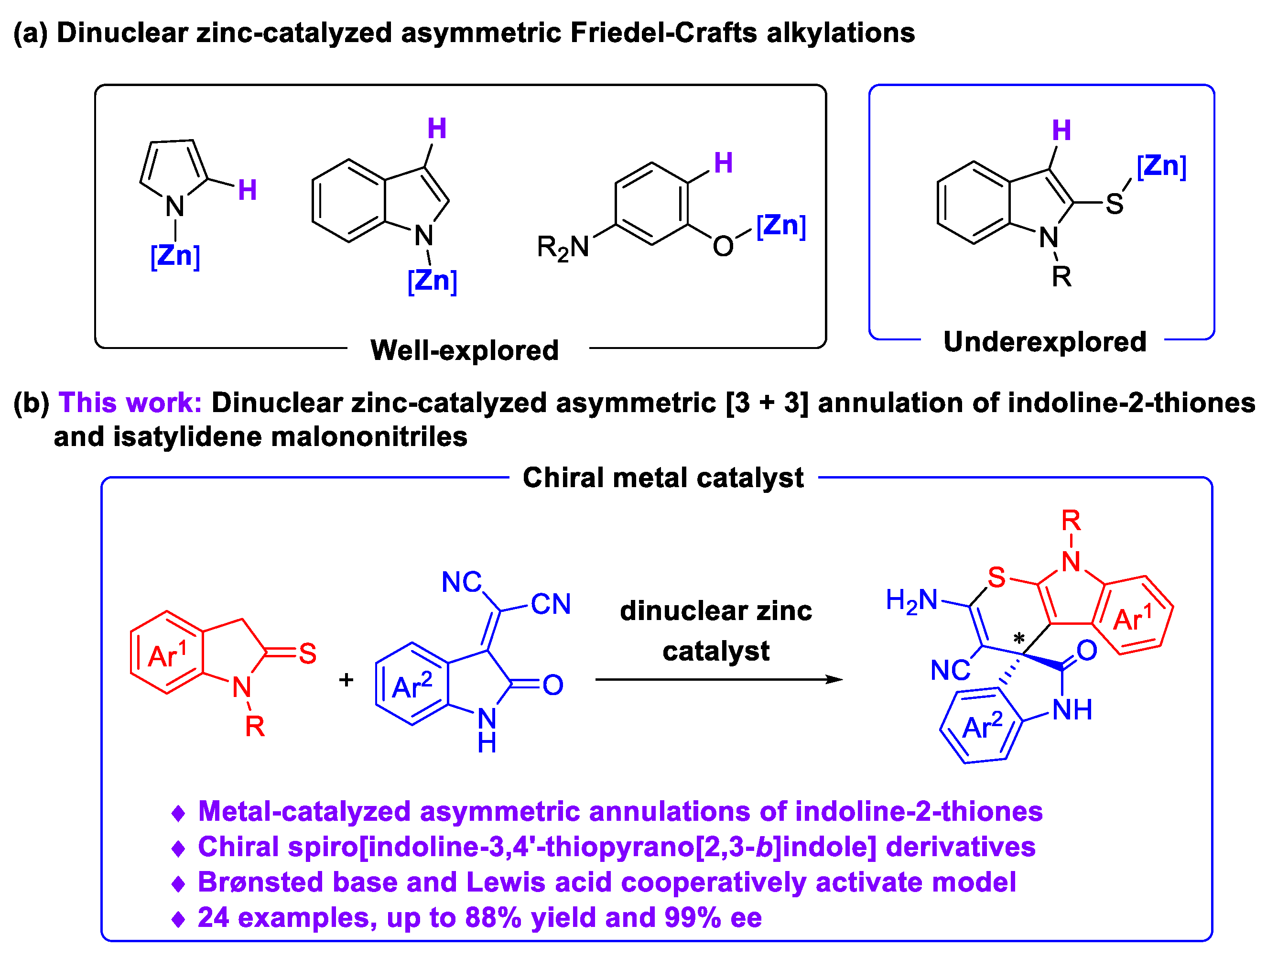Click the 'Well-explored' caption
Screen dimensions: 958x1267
tap(464, 350)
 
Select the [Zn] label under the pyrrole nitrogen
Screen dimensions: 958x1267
tap(175, 256)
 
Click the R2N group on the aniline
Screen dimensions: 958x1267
tap(563, 248)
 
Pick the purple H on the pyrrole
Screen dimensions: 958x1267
tap(247, 190)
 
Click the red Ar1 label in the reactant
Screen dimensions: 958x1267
tap(167, 655)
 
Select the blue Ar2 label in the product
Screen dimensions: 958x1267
tap(982, 727)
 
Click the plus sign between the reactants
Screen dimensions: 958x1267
tap(346, 679)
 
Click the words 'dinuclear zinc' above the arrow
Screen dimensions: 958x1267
tap(715, 611)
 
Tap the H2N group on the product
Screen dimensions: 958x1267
tap(911, 601)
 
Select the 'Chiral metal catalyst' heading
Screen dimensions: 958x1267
tap(663, 477)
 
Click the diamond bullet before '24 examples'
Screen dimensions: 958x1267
tap(178, 919)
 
